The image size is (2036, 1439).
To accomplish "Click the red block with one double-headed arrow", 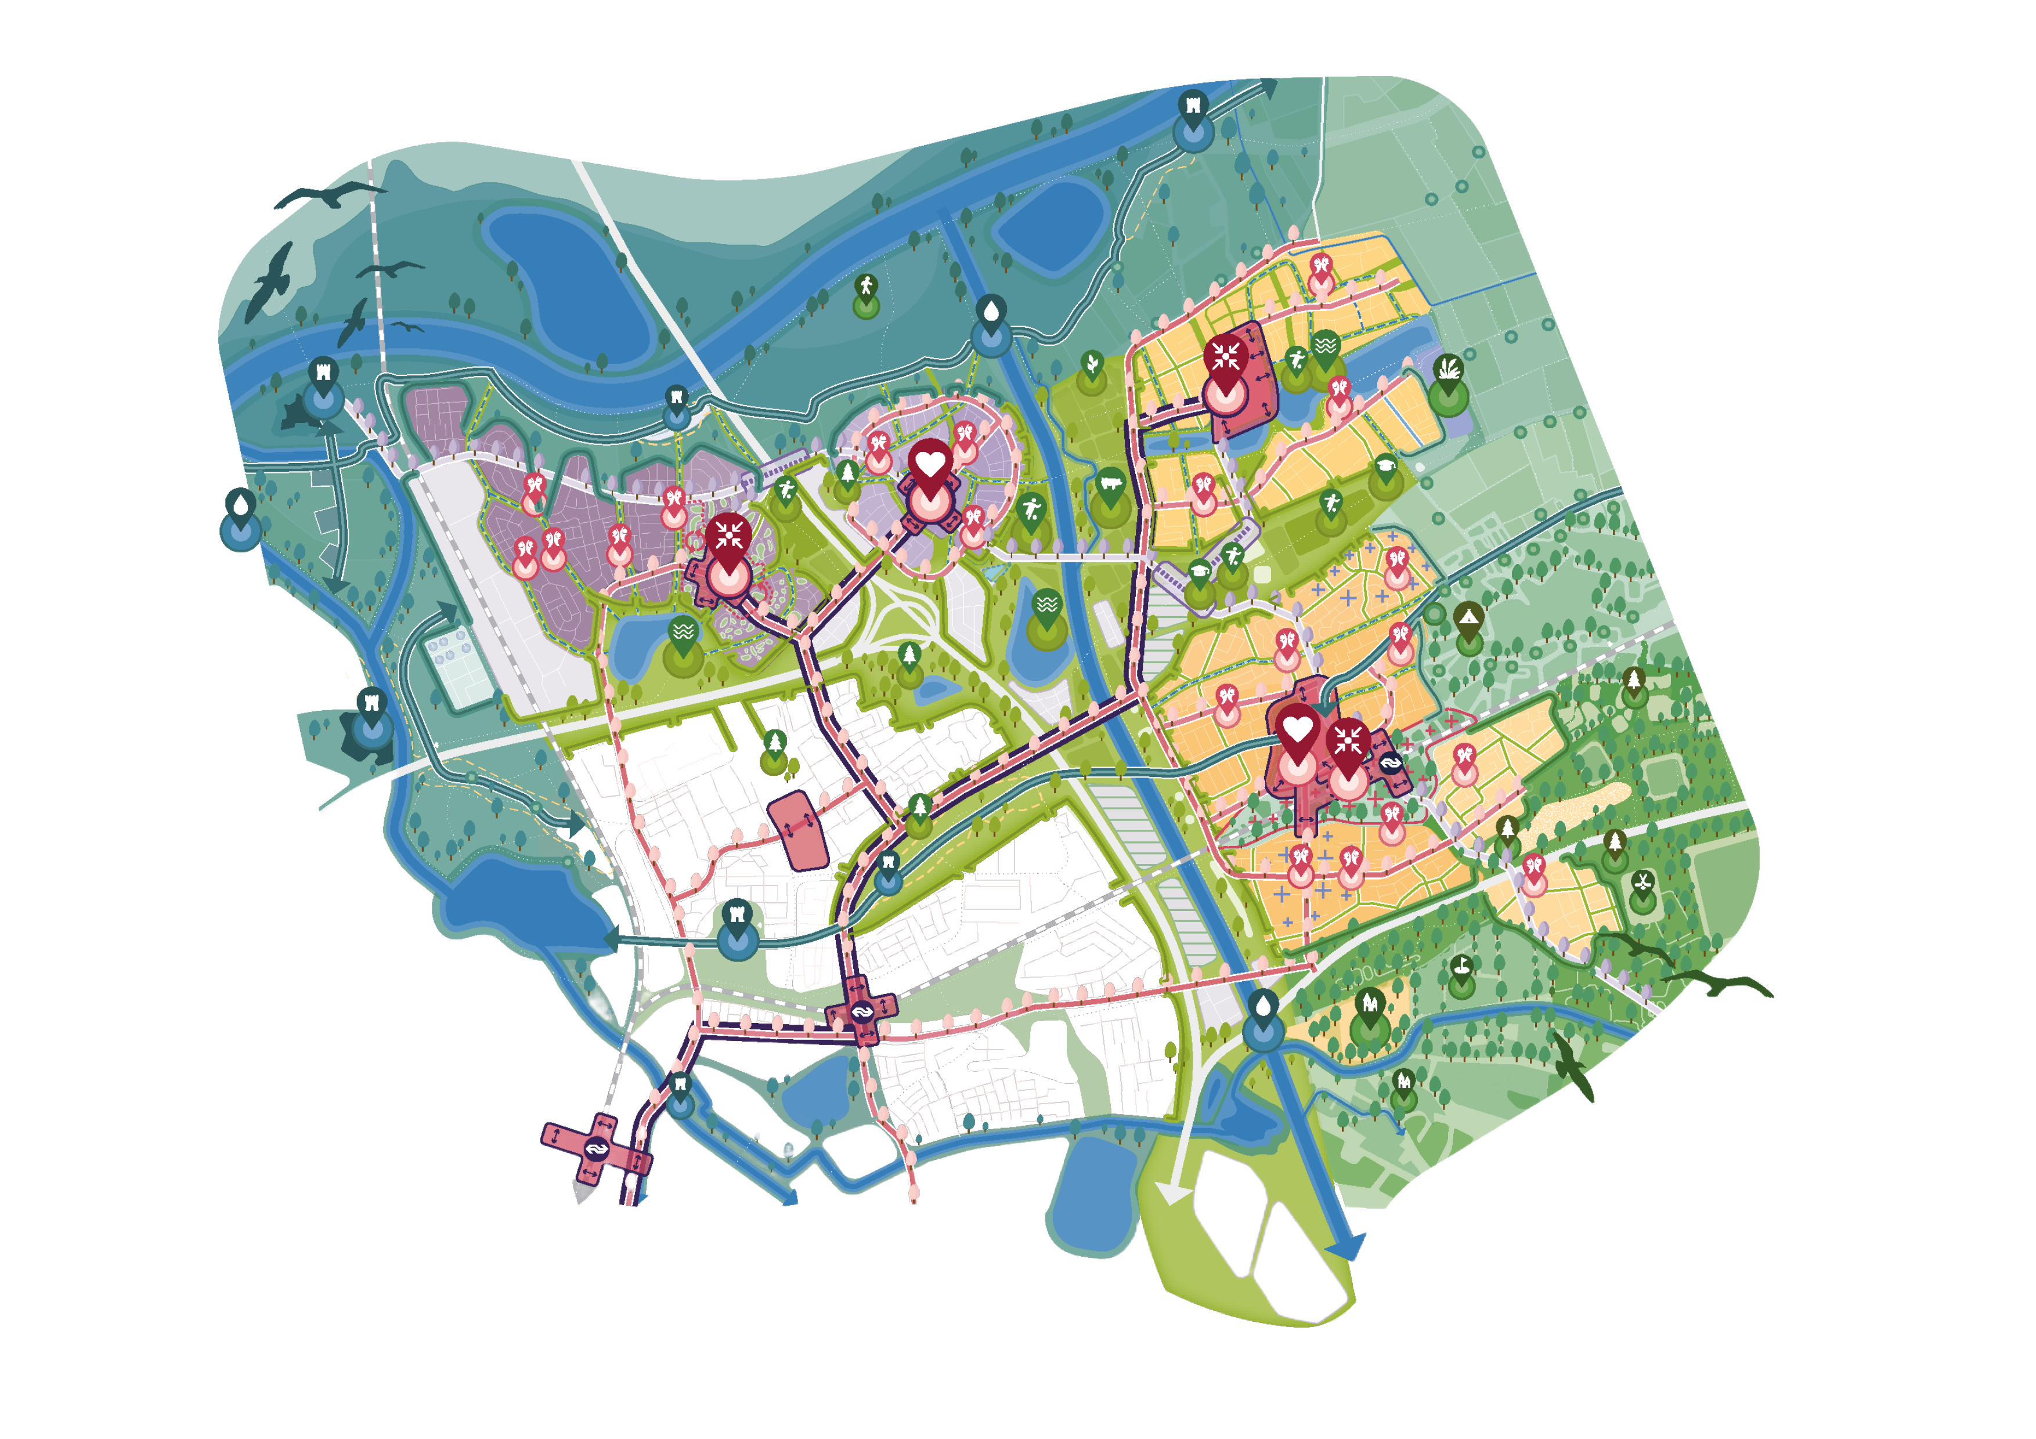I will coord(798,829).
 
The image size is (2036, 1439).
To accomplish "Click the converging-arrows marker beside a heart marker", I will coord(1348,743).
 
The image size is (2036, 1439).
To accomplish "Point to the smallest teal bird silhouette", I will coord(408,327).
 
